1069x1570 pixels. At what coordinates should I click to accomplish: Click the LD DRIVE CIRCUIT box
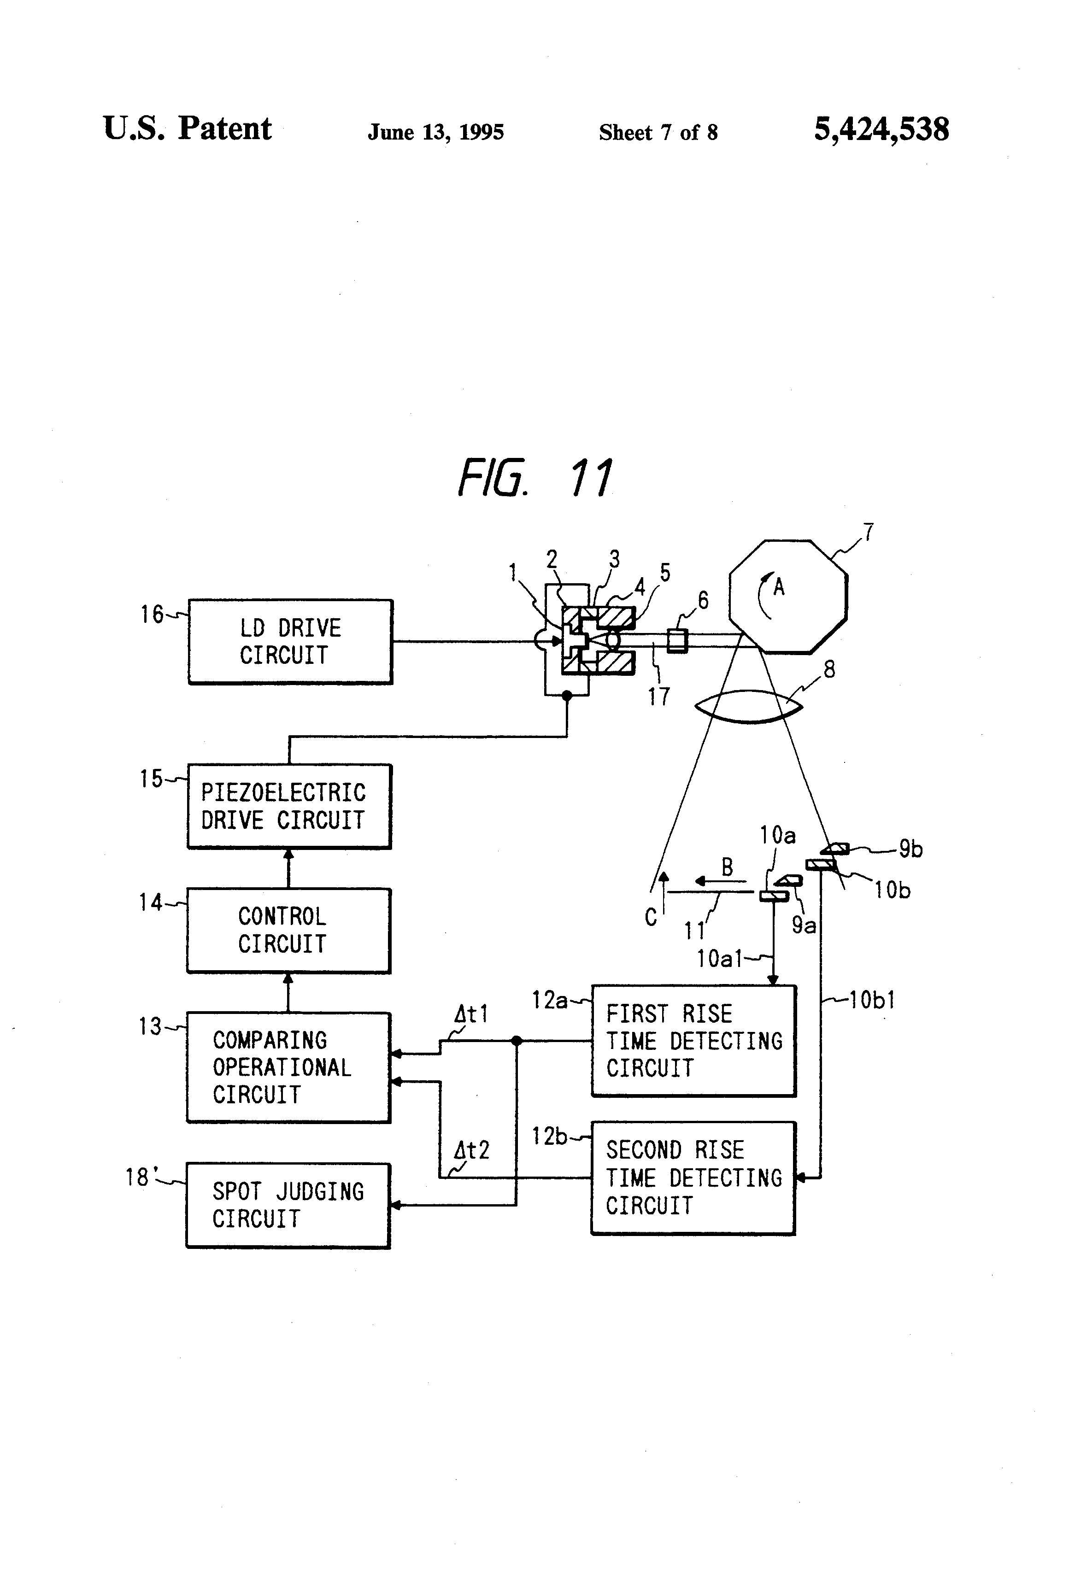coord(290,641)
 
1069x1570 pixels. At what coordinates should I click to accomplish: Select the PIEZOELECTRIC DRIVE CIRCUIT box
coord(289,806)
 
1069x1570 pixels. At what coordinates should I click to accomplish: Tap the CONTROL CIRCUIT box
coord(288,930)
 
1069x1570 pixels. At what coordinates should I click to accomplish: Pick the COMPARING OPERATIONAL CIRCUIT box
coord(288,1067)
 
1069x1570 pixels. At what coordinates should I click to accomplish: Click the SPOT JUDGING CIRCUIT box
coord(288,1205)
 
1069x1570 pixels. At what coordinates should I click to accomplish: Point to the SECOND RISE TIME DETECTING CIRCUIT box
coord(693,1178)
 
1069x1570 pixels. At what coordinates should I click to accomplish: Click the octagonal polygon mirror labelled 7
coord(788,597)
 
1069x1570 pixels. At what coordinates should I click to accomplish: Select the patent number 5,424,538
coord(881,129)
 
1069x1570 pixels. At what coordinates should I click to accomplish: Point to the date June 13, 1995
coord(436,132)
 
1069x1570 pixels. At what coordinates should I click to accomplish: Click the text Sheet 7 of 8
coord(658,132)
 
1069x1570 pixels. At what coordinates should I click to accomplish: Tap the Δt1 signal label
coord(470,1014)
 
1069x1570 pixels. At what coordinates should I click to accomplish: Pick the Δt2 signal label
coord(471,1150)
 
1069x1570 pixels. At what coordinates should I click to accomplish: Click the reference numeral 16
coord(151,614)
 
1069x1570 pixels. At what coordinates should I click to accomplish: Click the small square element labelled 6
coord(677,640)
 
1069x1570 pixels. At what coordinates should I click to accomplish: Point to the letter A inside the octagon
coord(779,587)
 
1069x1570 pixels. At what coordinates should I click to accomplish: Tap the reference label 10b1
coord(872,1000)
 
